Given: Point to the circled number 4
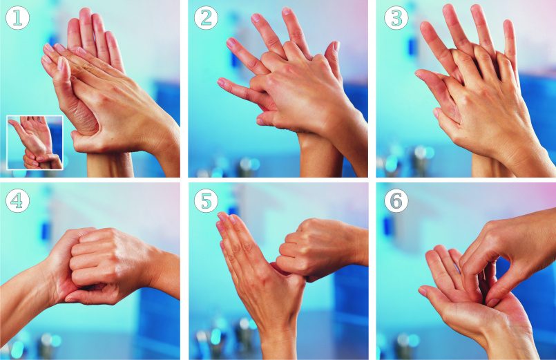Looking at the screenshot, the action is pyautogui.click(x=17, y=201).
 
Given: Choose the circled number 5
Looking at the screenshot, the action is pyautogui.click(x=206, y=201).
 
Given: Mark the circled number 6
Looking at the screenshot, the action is pyautogui.click(x=396, y=201).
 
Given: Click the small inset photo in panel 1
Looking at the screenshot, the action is pyautogui.click(x=35, y=142).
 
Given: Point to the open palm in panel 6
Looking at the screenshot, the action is pyautogui.click(x=472, y=298).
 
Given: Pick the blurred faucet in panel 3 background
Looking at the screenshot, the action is pyautogui.click(x=420, y=160).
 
